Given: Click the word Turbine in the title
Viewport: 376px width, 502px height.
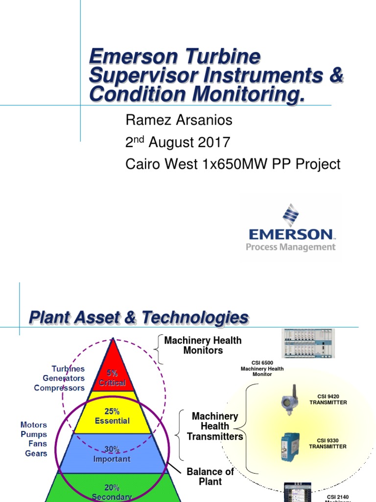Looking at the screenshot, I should [222, 57].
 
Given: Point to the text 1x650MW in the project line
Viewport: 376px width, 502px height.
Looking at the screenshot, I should [230, 164].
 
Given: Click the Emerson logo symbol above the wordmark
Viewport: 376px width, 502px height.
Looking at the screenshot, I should [290, 215].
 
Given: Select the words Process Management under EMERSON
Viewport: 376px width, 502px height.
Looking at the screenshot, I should [291, 247].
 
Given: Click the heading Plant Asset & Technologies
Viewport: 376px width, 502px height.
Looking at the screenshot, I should [139, 318].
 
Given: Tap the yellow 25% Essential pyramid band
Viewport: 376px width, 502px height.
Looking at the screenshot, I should [113, 416].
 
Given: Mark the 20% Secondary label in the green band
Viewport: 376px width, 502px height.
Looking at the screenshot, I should [112, 492].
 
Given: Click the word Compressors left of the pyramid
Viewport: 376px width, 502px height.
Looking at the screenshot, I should [59, 388].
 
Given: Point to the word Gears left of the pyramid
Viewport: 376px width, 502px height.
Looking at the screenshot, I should [36, 453].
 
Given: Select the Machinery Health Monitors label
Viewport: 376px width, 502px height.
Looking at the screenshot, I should [203, 345].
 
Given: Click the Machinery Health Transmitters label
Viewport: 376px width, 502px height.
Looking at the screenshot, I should [214, 426].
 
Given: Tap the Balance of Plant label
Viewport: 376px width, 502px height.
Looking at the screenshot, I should [210, 477].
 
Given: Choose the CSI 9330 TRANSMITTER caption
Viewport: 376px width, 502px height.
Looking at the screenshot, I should [328, 443].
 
